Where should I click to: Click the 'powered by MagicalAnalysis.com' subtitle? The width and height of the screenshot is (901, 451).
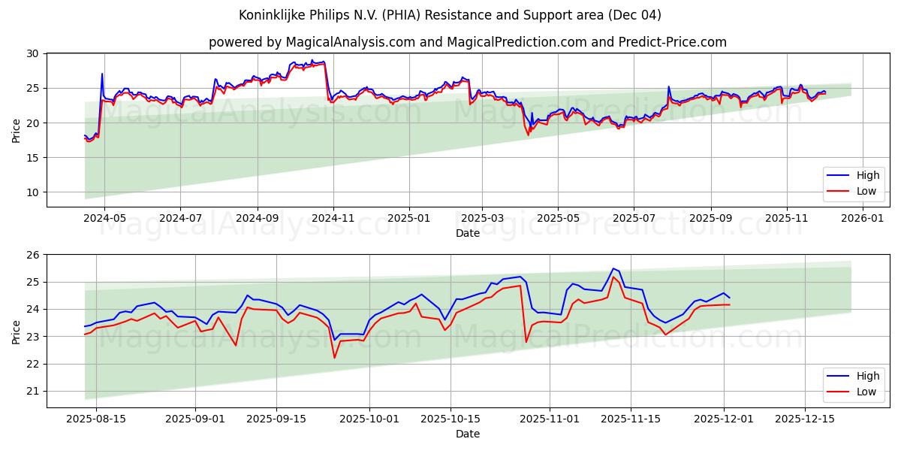pyautogui.click(x=467, y=42)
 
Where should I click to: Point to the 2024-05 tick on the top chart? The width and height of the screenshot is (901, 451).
pyautogui.click(x=104, y=218)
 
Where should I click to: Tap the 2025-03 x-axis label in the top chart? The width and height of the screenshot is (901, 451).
pyautogui.click(x=483, y=218)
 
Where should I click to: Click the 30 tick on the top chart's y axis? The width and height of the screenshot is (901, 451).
pyautogui.click(x=32, y=53)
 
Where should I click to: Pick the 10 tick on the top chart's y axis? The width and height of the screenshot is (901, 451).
pyautogui.click(x=32, y=192)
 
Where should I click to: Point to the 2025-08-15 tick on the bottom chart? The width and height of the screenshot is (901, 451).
pyautogui.click(x=96, y=419)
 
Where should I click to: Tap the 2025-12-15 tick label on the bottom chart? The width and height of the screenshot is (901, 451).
pyautogui.click(x=804, y=419)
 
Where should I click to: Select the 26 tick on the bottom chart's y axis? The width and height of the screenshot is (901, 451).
pyautogui.click(x=32, y=255)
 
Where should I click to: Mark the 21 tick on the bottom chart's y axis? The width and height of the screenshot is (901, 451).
pyautogui.click(x=32, y=392)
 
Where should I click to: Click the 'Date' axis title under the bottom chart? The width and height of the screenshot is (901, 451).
pyautogui.click(x=467, y=434)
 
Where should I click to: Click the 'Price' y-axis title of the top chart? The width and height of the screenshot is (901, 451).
pyautogui.click(x=17, y=130)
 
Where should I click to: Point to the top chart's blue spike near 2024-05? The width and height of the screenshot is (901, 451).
pyautogui.click(x=102, y=74)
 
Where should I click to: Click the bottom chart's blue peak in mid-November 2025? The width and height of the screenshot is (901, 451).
pyautogui.click(x=613, y=268)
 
